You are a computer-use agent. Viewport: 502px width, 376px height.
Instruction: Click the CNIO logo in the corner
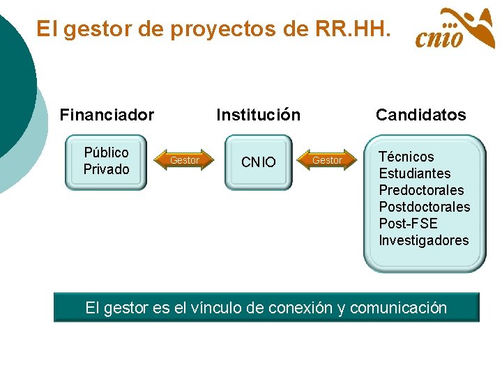point(455,29)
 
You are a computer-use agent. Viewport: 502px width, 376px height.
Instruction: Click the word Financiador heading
point(107,115)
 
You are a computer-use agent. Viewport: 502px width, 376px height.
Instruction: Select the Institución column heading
point(258,115)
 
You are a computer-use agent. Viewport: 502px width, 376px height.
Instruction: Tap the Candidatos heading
point(420,115)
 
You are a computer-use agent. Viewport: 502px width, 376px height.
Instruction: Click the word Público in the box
point(106,152)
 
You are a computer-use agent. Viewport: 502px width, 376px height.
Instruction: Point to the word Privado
point(106,169)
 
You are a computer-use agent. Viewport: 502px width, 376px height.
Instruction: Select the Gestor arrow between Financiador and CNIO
point(184,161)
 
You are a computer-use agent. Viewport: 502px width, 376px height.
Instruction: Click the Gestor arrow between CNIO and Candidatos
point(326,161)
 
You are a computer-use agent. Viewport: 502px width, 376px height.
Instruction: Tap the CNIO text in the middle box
point(258,162)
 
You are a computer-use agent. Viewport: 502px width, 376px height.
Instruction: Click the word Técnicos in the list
point(406,157)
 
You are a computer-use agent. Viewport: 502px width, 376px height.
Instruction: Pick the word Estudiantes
point(414,173)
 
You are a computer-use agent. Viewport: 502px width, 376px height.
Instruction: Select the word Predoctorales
point(421,190)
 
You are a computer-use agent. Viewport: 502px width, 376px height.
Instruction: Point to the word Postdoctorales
point(424,207)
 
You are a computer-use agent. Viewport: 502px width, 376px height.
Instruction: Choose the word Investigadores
point(423,240)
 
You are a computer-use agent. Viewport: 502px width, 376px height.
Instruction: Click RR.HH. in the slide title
point(354,29)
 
